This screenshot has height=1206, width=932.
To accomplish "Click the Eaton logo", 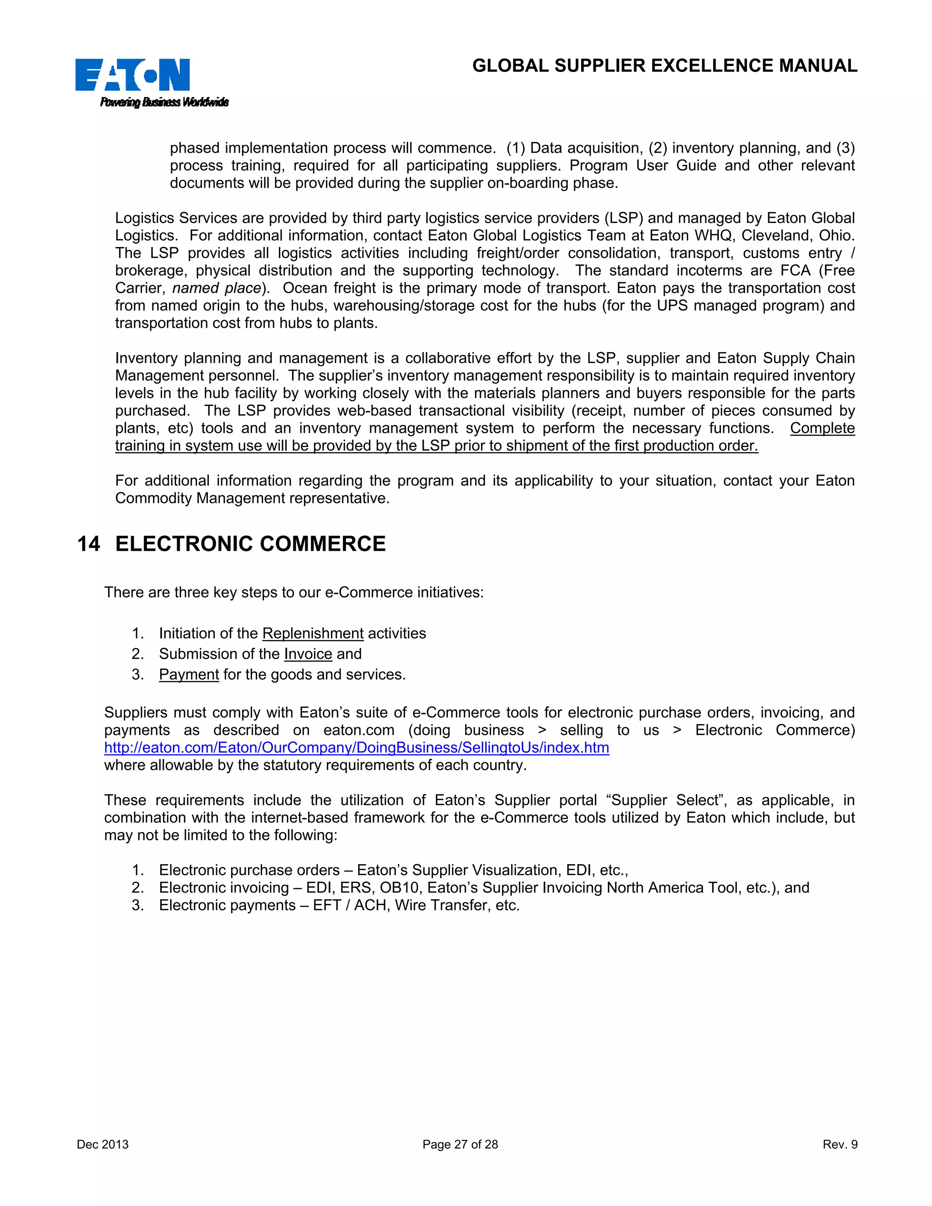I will coord(132,75).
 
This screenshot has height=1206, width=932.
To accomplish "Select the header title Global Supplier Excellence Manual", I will coord(664,66).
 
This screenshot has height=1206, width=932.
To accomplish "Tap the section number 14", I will coord(88,544).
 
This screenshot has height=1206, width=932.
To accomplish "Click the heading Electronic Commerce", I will coord(250,544).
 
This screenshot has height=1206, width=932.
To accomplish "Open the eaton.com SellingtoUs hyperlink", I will coord(357,748).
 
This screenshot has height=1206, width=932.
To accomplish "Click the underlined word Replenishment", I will coord(313,633).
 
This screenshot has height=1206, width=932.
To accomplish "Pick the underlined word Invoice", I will coord(308,654).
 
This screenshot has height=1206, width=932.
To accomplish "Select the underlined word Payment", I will coord(189,674).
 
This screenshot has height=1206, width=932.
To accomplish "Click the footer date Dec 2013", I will coord(103,1144).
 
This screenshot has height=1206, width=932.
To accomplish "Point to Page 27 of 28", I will coord(460,1144).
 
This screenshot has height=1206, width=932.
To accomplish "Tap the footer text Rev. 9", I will coord(840,1144).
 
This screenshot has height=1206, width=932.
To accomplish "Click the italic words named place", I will coord(217,288).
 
